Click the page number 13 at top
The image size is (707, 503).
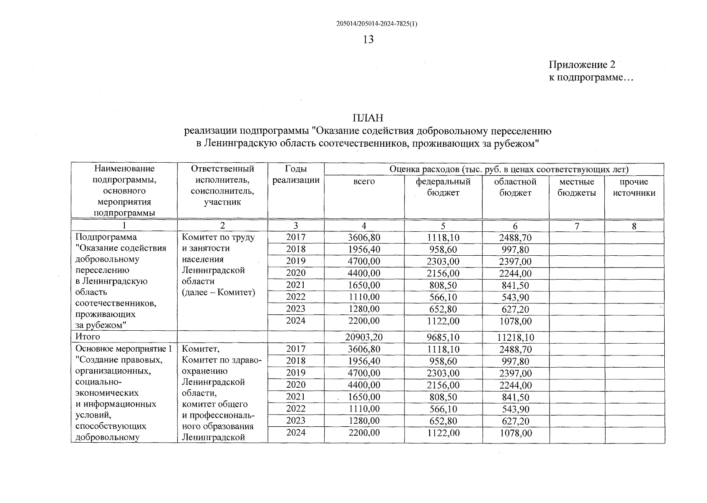pos(368,40)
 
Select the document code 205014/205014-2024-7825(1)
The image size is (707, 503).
pos(377,24)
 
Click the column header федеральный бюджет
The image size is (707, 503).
pos(443,187)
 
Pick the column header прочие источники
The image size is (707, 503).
pos(634,187)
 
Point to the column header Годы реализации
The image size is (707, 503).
pos(296,174)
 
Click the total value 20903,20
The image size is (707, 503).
pos(364,337)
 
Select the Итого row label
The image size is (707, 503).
pos(88,337)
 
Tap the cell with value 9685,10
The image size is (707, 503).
pos(443,337)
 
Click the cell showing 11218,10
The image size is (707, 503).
pos(515,337)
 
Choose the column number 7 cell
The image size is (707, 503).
pos(577,226)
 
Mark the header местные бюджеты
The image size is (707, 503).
pos(577,187)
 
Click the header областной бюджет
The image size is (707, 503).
pos(515,187)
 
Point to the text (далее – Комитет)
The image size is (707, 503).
pos(218,293)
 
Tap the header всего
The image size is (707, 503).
pos(364,182)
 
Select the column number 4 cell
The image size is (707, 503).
pos(364,226)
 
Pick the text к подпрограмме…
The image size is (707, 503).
pos(591,78)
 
